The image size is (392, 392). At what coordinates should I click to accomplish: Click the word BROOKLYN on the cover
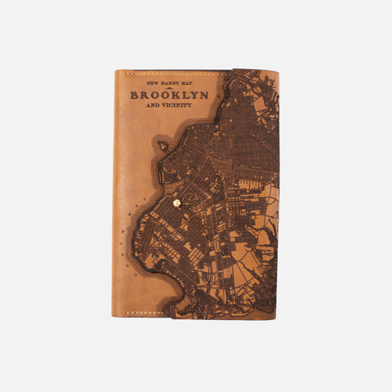point(169,95)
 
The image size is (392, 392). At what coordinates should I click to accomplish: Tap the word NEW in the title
point(153,83)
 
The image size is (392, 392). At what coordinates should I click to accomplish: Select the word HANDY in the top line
point(170,83)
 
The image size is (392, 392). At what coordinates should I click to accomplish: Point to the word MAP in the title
point(189,83)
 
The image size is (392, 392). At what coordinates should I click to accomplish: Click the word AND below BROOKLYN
point(154,106)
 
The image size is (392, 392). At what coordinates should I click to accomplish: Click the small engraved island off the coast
point(163,145)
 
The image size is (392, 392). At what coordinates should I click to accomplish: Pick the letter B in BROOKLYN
point(134,95)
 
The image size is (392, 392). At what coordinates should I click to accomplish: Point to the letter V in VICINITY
point(167,106)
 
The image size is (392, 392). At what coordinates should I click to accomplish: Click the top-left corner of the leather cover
point(115,71)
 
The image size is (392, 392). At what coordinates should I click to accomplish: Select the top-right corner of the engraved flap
point(278,73)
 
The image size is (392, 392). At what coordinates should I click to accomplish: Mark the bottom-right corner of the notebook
point(278,318)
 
